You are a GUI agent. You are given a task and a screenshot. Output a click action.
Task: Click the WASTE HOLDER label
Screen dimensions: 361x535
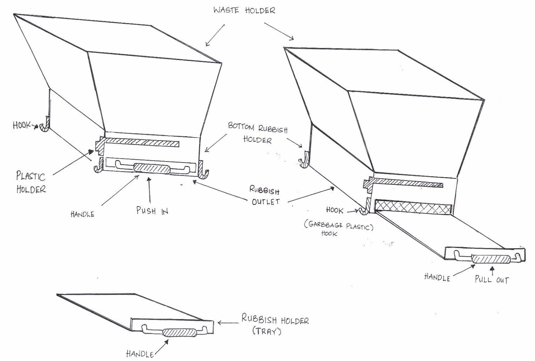click(x=244, y=10)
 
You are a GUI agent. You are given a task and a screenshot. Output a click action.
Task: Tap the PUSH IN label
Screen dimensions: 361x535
click(x=152, y=210)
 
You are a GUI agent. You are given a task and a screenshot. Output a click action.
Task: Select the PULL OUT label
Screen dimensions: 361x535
click(x=492, y=279)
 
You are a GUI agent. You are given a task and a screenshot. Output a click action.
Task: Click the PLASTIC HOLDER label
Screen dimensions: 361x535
click(x=31, y=182)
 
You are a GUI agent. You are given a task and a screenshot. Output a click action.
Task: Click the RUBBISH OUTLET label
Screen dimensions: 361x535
click(x=265, y=195)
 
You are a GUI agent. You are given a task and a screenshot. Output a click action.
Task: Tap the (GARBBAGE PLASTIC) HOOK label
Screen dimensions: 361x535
click(x=339, y=229)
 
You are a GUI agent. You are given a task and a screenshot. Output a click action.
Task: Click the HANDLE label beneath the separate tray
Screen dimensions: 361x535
click(x=140, y=354)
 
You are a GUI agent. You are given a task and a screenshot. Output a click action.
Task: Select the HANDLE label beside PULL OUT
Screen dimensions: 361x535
click(x=436, y=277)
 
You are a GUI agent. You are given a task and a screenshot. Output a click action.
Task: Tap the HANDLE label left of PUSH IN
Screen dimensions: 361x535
click(x=82, y=214)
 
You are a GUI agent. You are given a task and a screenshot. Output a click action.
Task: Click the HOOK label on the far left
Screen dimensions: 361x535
click(x=22, y=125)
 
